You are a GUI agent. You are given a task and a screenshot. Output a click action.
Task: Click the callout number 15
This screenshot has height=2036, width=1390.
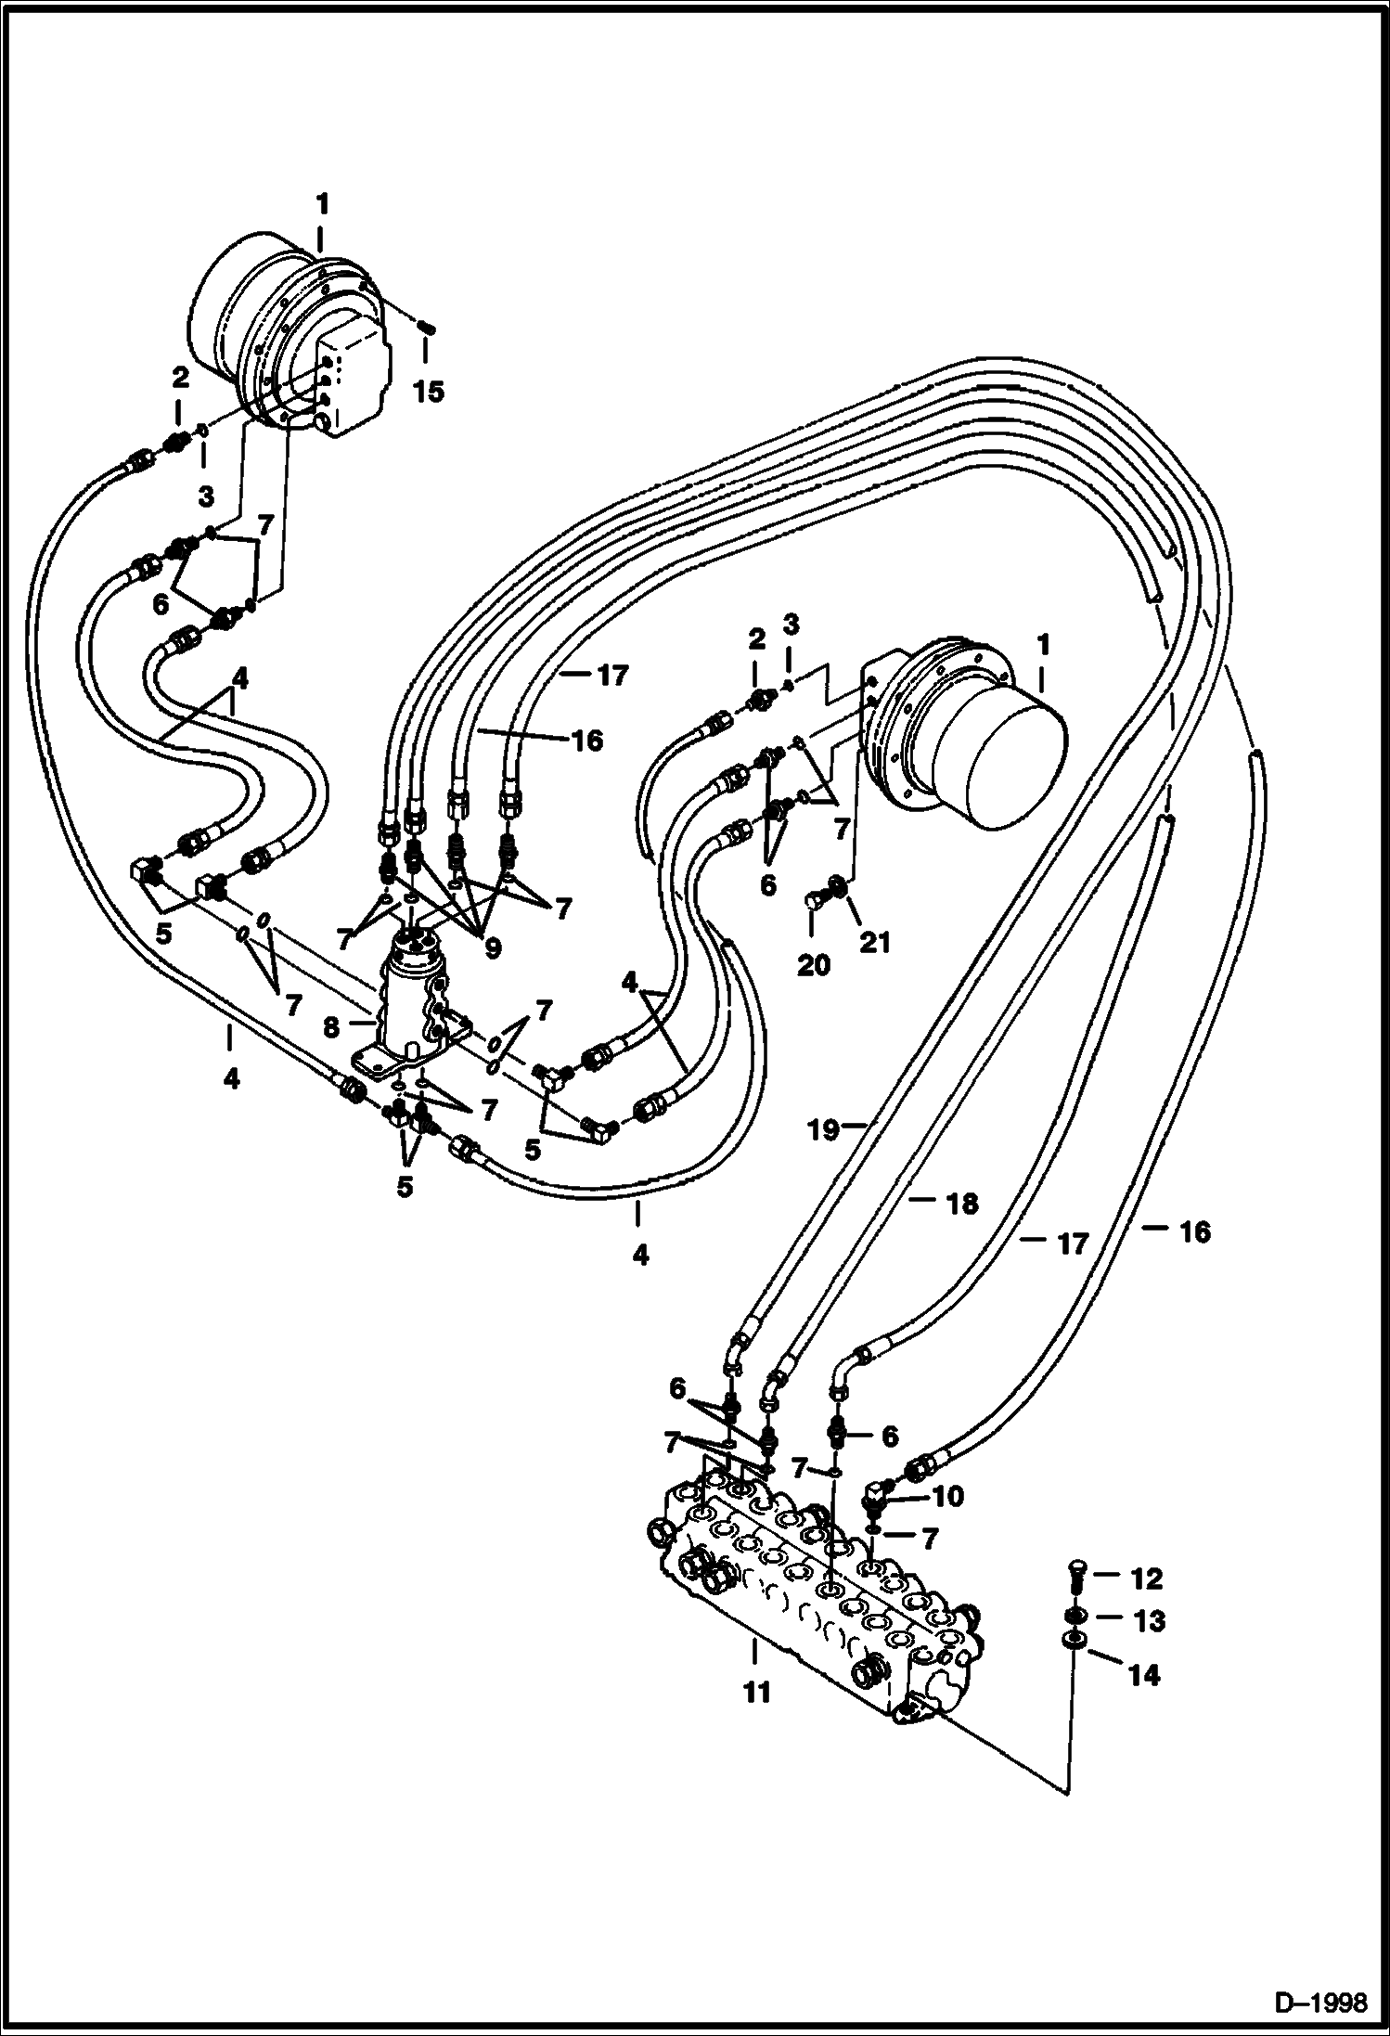tap(428, 391)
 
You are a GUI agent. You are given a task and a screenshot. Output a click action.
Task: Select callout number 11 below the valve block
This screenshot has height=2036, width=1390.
tap(757, 1693)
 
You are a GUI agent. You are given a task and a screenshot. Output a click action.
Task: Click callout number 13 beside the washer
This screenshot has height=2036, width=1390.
tap(1149, 1621)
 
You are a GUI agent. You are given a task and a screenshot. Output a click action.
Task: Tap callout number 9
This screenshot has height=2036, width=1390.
tap(492, 947)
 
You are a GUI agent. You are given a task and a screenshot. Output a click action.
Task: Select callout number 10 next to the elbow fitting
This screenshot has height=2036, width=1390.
tap(949, 1496)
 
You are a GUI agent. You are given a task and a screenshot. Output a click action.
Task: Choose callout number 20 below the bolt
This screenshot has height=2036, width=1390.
tap(814, 965)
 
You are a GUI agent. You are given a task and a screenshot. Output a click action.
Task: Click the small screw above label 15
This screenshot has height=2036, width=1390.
tap(427, 327)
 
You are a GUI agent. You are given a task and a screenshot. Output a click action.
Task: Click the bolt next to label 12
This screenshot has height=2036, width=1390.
tap(1075, 1571)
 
